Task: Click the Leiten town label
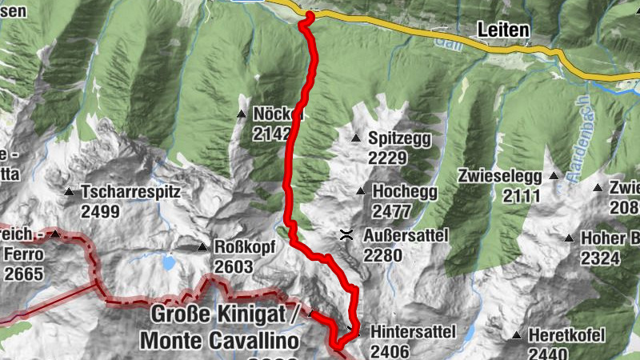pyautogui.click(x=502, y=30)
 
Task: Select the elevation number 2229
pyautogui.click(x=388, y=158)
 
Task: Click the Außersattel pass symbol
pyautogui.click(x=346, y=234)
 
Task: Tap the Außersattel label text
pyautogui.click(x=406, y=235)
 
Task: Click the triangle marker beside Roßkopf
pyautogui.click(x=203, y=247)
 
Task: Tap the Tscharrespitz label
pyautogui.click(x=131, y=193)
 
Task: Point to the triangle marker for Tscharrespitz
pyautogui.click(x=70, y=193)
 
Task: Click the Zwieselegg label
pyautogui.click(x=500, y=175)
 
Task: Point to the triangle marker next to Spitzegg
pyautogui.click(x=356, y=139)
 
